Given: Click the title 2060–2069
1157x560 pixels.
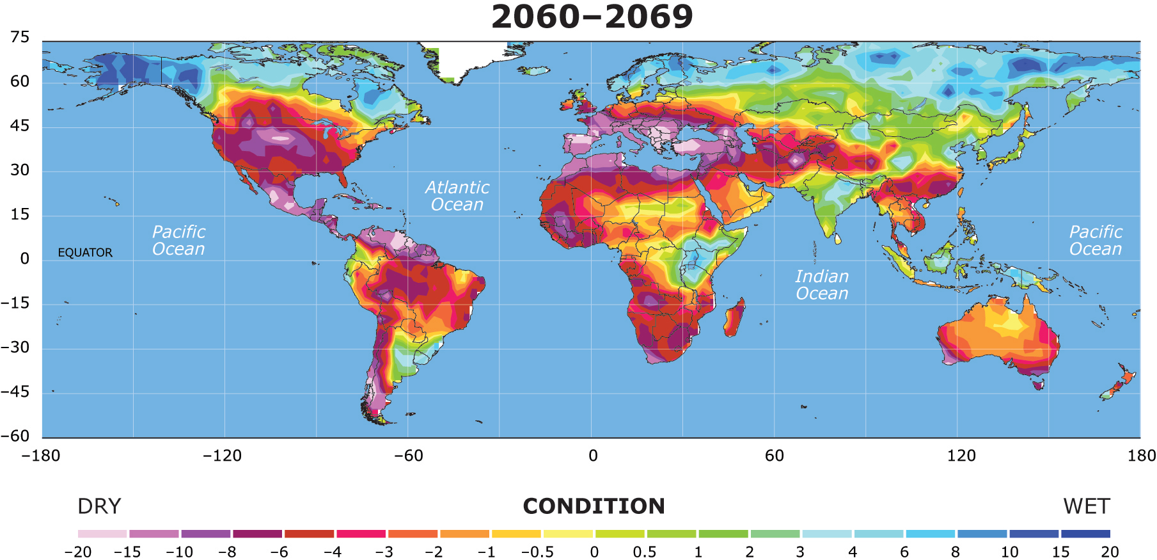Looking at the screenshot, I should point(592,17).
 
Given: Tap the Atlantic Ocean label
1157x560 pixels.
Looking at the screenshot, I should point(457,196).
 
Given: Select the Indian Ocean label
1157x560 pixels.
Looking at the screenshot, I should point(822,285).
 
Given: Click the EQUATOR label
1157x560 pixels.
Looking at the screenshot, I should point(85,253).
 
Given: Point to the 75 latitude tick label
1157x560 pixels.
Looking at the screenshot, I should point(20,37).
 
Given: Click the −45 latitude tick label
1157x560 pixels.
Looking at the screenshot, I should point(15,392).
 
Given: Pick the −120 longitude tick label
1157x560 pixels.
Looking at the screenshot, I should point(222,456).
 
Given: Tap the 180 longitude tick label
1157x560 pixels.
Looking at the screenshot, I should point(1142,456).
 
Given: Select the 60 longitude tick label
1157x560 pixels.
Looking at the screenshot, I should point(774,456).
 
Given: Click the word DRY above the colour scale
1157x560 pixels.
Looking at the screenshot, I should point(99,506).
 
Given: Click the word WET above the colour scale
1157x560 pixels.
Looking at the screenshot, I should point(1087,506).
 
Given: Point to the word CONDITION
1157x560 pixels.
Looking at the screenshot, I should point(594,506).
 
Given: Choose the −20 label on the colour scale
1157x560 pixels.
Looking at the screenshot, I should point(78,552).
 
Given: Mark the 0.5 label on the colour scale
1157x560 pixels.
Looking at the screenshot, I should point(645,552).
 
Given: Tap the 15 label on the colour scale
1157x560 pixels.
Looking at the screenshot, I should point(1060,552).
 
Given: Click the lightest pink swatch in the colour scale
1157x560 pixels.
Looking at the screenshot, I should point(102,533).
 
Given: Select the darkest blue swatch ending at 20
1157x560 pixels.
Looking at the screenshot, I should point(1085,533).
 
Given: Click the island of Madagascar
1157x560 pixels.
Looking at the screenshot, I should point(734,318).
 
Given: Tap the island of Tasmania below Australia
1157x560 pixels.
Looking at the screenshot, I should point(1037,384).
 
